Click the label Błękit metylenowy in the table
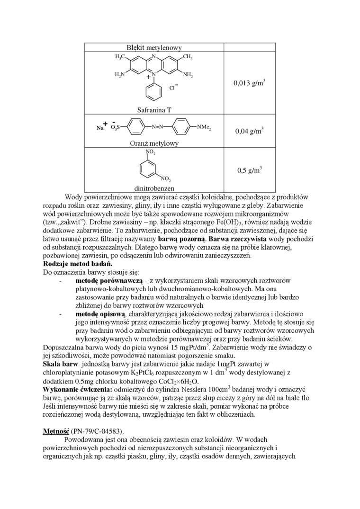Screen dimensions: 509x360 tap(154, 47)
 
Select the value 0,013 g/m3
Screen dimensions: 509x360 tap(249, 83)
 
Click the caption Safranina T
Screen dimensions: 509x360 tap(154, 110)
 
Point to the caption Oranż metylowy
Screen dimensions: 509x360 tap(154, 143)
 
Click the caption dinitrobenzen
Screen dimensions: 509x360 tap(154, 188)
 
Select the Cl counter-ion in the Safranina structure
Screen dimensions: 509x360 tap(173, 88)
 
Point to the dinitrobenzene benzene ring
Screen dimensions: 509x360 tap(151, 167)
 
